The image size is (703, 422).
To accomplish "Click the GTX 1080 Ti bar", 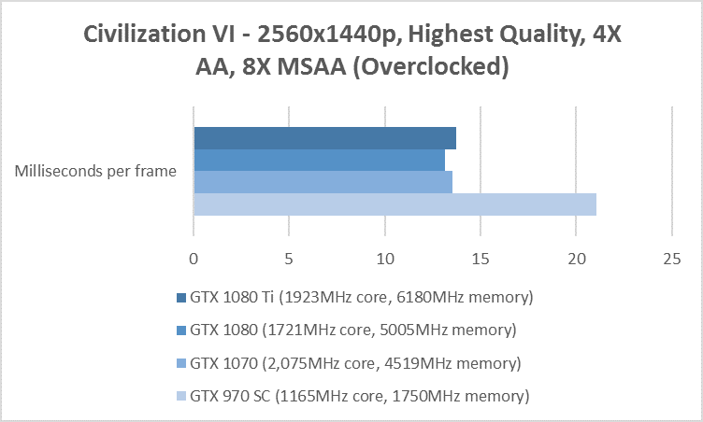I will coord(324,138).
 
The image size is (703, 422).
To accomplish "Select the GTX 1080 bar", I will coord(319,161).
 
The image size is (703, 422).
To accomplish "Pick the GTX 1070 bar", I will coord(323,182).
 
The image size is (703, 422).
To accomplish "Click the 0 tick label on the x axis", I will coord(194,257).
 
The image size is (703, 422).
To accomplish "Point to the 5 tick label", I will coord(289,257).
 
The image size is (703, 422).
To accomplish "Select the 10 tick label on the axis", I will coord(384,257).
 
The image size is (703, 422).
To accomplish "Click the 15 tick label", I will coord(481,257).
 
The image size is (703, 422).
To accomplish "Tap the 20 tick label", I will coord(576,257).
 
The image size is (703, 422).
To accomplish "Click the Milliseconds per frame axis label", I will coord(96,171).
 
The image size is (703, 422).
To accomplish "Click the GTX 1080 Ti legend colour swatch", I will coord(180,299).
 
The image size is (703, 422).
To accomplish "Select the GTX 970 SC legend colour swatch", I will coord(180,397).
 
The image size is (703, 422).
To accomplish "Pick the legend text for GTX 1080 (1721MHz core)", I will coord(353,331).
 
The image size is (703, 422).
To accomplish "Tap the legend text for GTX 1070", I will coord(355,363).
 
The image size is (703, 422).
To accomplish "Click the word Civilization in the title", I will coord(139,35).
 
